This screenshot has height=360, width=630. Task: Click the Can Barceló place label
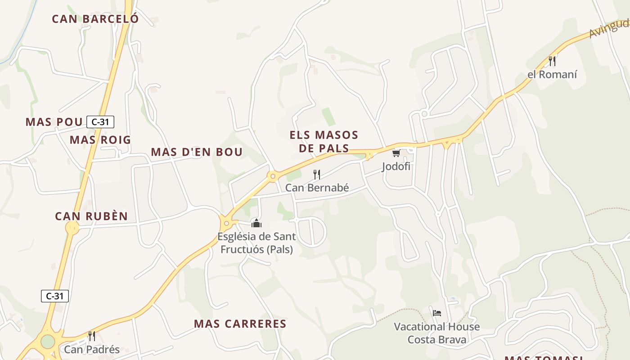tap(95, 19)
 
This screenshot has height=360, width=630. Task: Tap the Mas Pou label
tap(54, 122)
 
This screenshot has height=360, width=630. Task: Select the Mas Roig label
tap(100, 140)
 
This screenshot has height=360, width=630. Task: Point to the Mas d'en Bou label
tap(197, 152)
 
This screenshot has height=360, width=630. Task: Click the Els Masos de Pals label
tap(324, 141)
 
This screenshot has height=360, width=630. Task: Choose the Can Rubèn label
tap(91, 216)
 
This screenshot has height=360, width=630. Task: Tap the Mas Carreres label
tap(240, 324)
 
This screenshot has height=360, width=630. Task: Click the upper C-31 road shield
tap(100, 121)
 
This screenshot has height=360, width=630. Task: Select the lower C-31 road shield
tap(55, 296)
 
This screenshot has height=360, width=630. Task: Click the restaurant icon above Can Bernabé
tap(317, 175)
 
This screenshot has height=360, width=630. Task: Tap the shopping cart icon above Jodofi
tap(396, 153)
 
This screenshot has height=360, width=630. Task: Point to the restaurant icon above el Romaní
tap(552, 61)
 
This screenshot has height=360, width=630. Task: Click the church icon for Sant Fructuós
tap(256, 223)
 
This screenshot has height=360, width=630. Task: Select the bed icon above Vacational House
tap(436, 313)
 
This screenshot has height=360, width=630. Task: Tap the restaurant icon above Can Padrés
tap(91, 336)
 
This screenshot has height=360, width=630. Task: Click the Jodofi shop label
tap(396, 166)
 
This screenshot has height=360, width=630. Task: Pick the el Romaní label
tap(552, 75)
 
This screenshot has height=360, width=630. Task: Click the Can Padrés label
tap(92, 349)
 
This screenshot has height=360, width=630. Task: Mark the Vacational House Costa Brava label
tap(437, 333)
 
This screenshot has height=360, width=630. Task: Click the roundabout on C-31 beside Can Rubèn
tap(72, 228)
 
